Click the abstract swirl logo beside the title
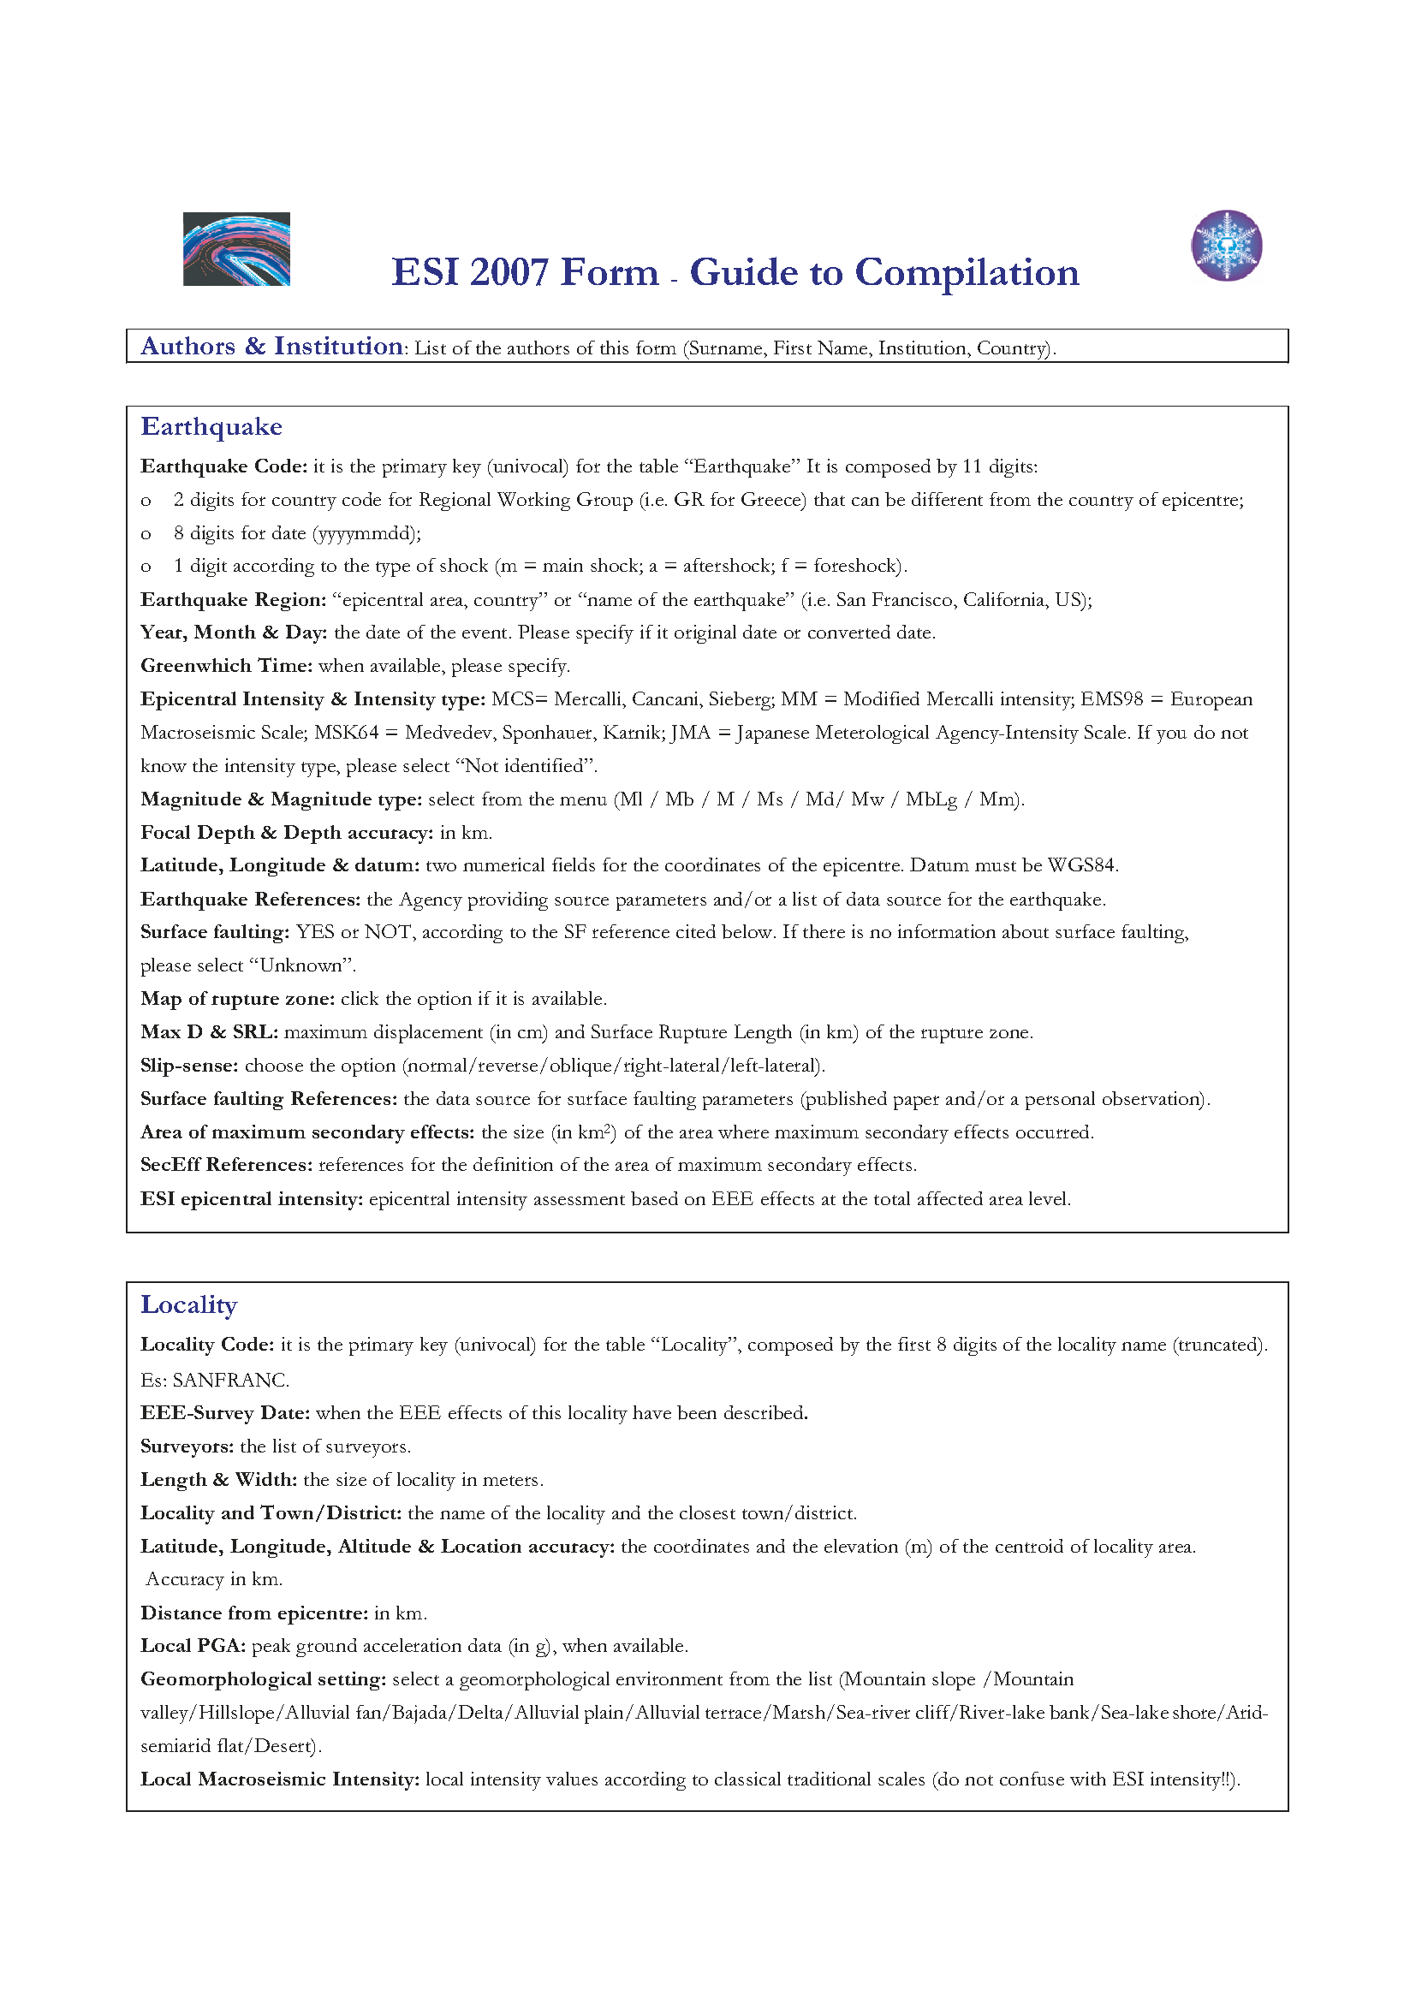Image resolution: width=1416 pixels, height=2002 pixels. [x=236, y=249]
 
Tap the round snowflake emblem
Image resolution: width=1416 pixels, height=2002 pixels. [x=1226, y=246]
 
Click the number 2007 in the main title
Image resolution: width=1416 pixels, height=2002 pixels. [x=509, y=272]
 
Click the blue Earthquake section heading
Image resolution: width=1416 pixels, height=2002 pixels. [x=211, y=427]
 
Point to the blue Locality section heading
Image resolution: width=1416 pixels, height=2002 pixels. [x=189, y=1305]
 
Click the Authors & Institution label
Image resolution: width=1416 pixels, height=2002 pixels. [x=271, y=347]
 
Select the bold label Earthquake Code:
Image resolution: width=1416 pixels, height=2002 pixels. [x=224, y=466]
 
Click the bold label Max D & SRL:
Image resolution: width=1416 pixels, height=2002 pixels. [x=209, y=1032]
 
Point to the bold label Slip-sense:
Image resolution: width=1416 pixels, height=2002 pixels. [x=189, y=1066]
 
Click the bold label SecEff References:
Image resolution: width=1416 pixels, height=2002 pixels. [x=227, y=1166]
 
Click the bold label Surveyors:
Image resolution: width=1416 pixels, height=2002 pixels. [x=187, y=1447]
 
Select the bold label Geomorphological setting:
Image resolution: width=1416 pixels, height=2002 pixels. [x=264, y=1679]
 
